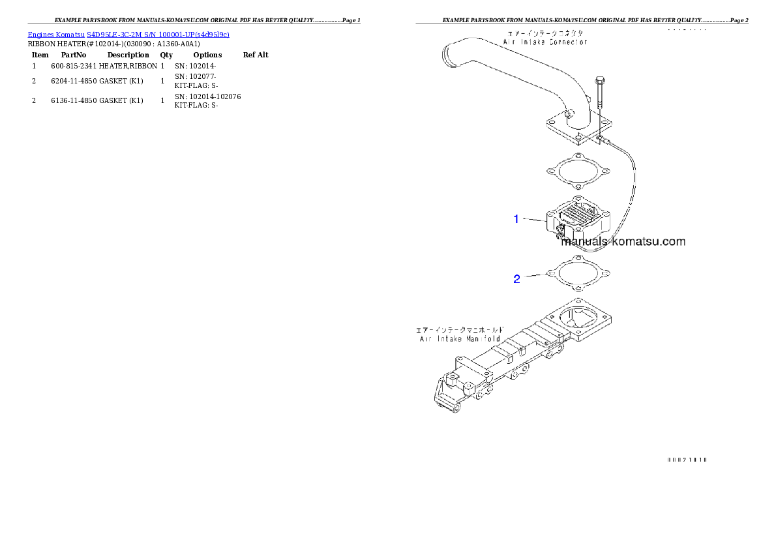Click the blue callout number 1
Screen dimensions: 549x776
click(516, 219)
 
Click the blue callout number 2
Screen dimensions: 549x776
click(516, 279)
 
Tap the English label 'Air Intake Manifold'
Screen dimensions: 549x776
click(460, 338)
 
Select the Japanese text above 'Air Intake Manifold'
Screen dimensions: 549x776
click(460, 329)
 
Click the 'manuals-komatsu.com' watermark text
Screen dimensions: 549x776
click(623, 242)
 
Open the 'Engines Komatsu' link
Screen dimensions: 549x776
click(57, 34)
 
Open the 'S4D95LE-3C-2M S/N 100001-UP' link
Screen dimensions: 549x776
click(158, 34)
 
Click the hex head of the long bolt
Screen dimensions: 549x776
click(599, 81)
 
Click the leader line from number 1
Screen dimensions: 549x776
click(533, 220)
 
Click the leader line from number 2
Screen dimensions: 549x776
click(533, 277)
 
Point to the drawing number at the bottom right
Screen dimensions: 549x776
click(686, 458)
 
